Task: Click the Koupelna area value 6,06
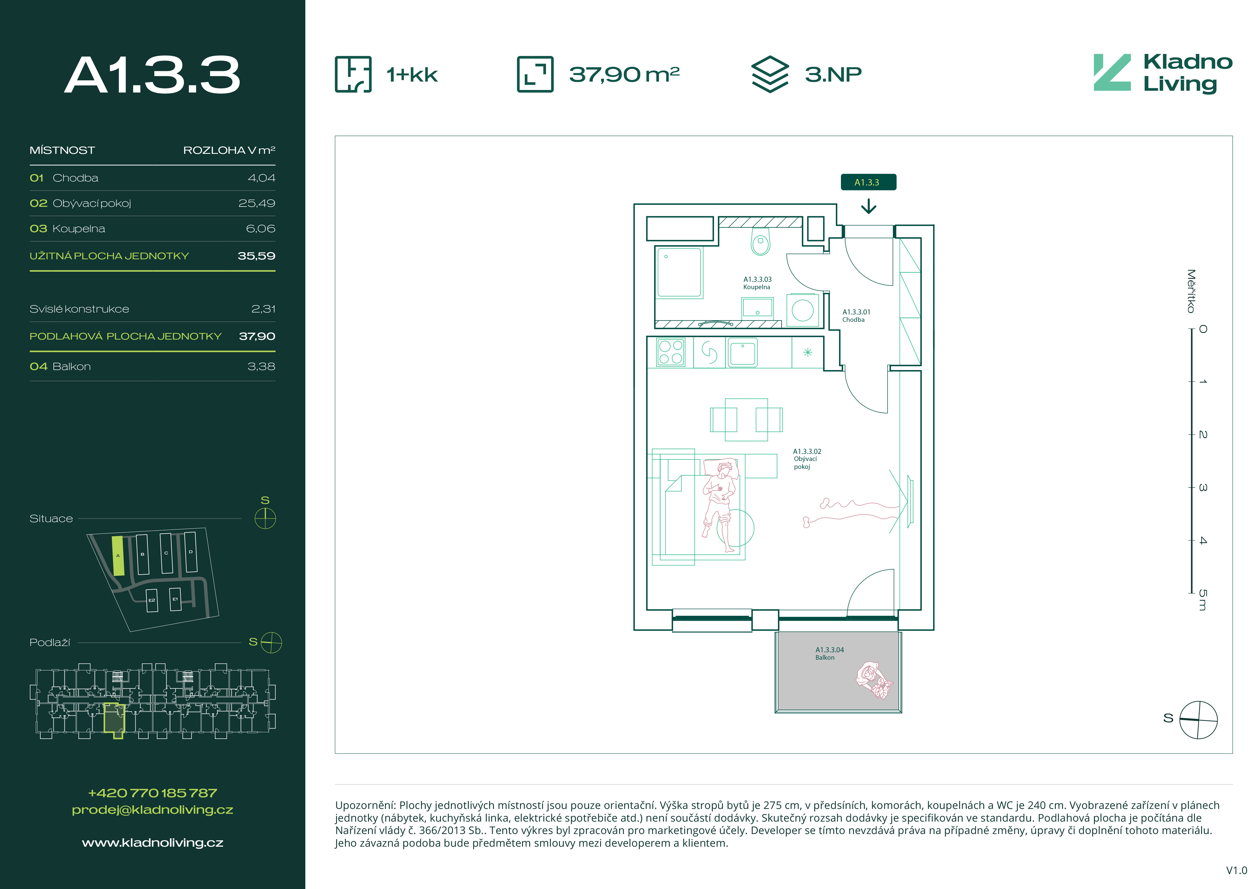click(x=260, y=229)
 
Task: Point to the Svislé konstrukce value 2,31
click(x=263, y=309)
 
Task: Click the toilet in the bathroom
click(x=760, y=242)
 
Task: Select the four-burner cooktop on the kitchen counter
click(x=671, y=352)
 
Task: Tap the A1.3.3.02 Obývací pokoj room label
click(x=807, y=459)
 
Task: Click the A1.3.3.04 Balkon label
click(x=829, y=654)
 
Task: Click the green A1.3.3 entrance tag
click(x=868, y=182)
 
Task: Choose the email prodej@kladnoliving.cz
click(x=153, y=810)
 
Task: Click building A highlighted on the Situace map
click(x=118, y=555)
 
